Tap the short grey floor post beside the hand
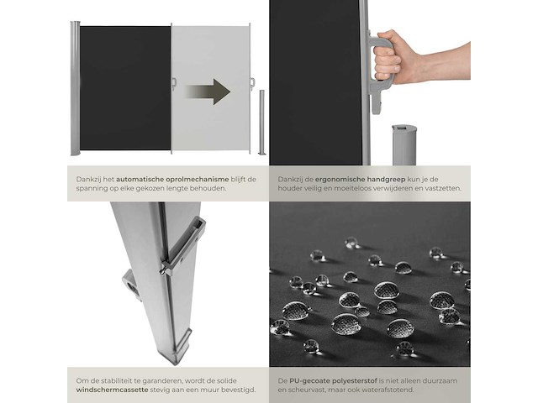point(403,145)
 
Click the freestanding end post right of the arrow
point(261,123)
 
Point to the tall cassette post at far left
point(76,88)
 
